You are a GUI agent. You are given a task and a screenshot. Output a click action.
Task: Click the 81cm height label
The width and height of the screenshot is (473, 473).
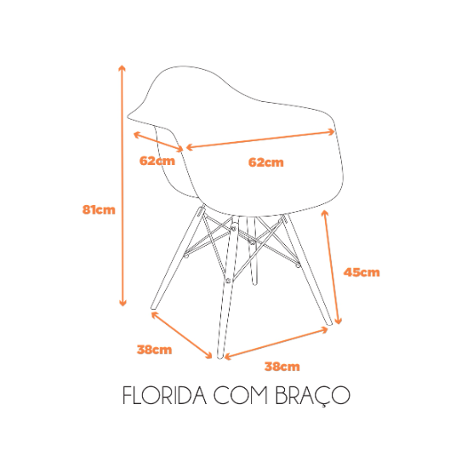99,209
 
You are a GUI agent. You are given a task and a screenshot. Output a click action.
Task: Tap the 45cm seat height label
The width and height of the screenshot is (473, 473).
362,272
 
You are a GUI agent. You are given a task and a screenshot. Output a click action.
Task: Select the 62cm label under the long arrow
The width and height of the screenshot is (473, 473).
266,162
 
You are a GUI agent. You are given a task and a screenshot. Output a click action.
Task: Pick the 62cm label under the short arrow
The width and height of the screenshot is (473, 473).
157,161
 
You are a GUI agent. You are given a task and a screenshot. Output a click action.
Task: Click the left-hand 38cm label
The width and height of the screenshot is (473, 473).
155,350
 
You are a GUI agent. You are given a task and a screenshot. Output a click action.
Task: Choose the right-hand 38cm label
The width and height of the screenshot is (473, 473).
282,367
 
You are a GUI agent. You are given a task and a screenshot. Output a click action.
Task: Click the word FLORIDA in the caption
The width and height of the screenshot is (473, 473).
165,396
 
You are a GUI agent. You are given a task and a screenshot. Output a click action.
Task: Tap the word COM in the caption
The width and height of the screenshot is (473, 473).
241,396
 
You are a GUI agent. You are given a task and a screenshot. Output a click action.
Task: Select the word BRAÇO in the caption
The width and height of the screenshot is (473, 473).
313,396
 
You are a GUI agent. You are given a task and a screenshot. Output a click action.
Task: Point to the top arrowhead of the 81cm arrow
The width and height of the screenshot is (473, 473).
122,66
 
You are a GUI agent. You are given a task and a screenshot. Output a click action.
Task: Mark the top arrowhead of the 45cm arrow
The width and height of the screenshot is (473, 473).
325,212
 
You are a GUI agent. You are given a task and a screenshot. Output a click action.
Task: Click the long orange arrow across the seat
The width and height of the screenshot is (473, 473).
260,140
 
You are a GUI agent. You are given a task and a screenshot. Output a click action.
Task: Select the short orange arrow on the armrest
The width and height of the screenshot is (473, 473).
158,141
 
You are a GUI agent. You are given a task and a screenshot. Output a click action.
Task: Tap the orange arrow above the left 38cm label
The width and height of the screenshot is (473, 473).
181,335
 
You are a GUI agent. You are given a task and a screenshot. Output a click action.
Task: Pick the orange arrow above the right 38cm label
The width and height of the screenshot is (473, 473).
276,344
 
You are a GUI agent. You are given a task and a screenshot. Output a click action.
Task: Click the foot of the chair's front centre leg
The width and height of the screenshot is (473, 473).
220,357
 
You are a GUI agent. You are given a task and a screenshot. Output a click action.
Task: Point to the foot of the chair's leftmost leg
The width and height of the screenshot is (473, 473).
153,308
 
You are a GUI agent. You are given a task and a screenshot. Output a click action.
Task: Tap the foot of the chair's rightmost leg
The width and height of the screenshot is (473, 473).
329,323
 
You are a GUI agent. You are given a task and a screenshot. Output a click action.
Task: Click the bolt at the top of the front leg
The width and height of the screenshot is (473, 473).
234,227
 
